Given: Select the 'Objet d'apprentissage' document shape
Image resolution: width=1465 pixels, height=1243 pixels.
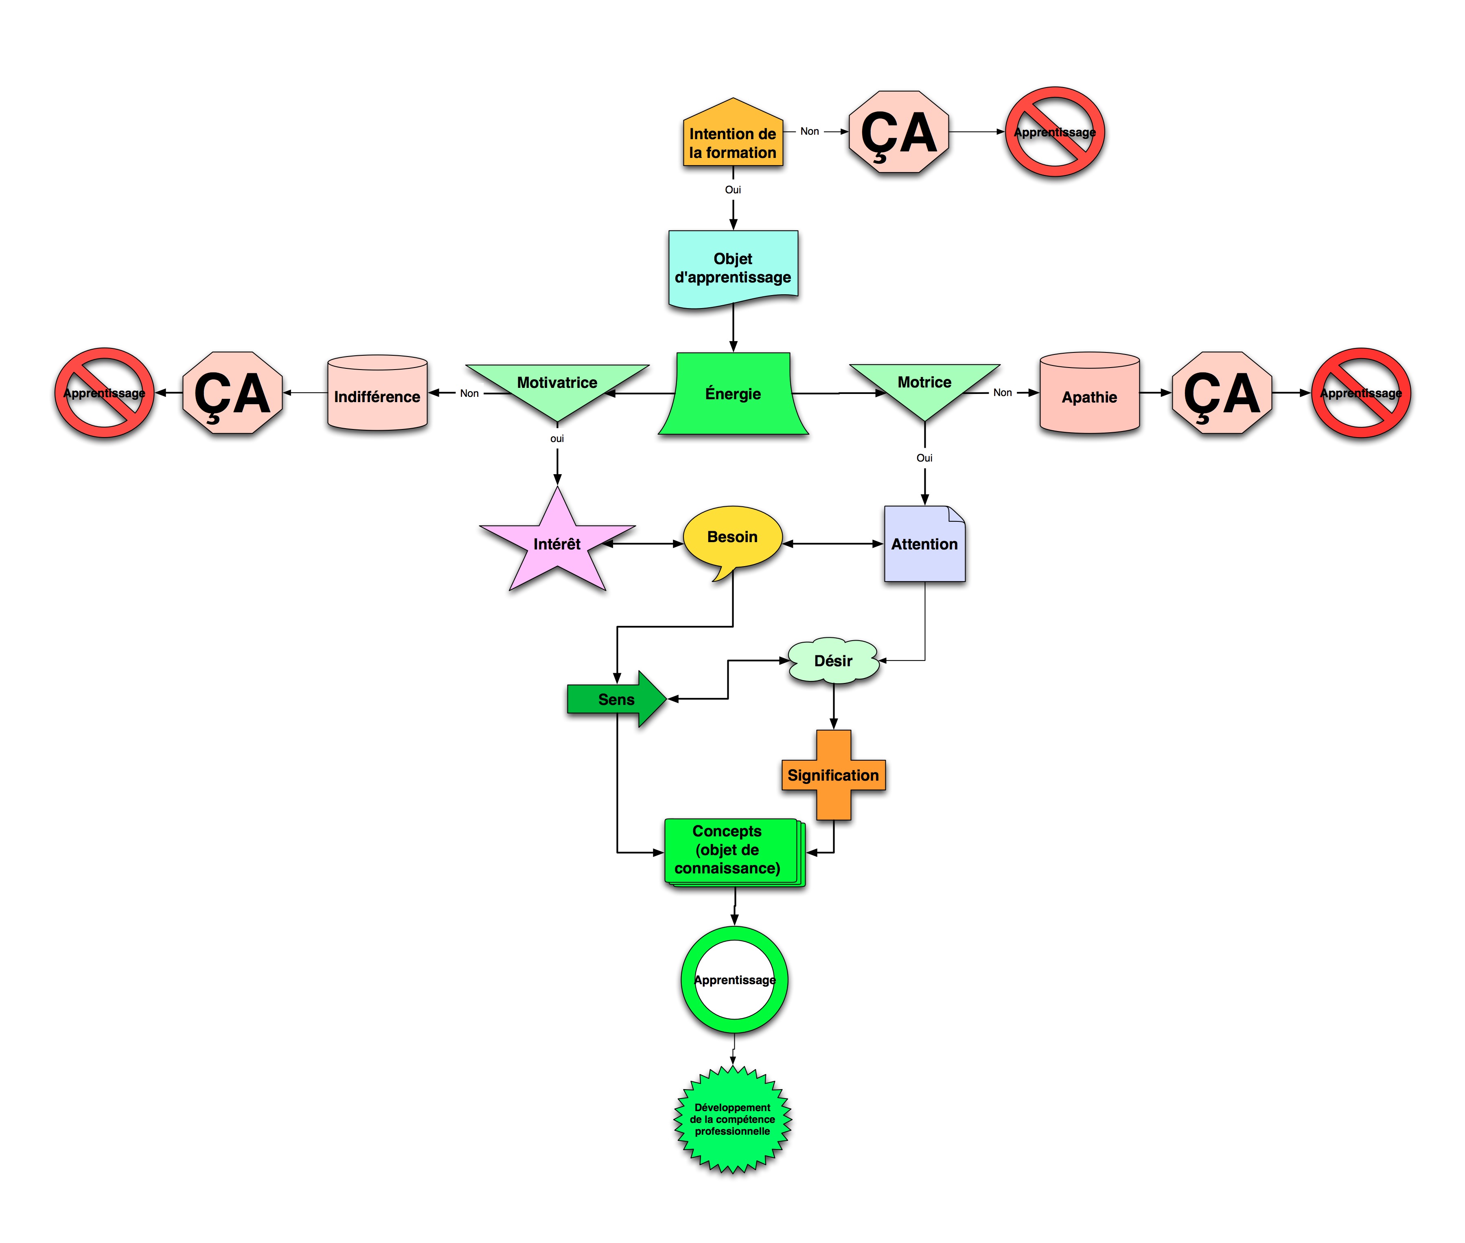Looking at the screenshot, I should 733,268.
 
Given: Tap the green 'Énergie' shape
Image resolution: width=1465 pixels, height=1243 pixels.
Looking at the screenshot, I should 733,393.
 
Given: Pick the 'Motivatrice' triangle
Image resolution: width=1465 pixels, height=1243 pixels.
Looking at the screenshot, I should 557,387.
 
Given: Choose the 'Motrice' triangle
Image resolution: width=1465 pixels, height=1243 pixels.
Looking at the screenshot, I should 924,387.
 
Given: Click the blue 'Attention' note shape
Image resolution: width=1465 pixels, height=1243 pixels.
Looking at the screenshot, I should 924,544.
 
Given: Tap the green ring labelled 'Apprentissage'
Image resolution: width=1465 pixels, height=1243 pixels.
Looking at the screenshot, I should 734,979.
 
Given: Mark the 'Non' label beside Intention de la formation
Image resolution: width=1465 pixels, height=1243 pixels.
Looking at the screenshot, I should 810,131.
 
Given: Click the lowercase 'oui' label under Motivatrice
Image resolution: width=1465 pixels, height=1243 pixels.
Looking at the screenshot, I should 557,438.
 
